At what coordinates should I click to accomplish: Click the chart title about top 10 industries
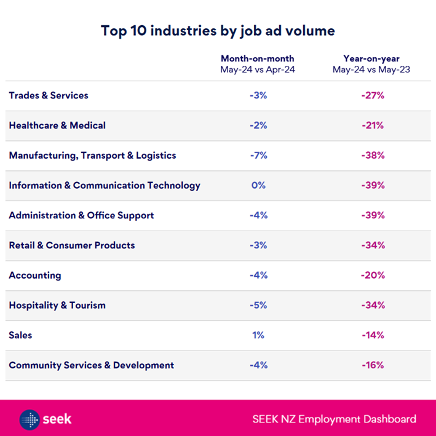click(x=218, y=30)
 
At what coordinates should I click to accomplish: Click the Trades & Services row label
click(x=49, y=95)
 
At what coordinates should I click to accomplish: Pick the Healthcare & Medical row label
click(x=57, y=125)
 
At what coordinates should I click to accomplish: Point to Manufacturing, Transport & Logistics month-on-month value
click(x=258, y=156)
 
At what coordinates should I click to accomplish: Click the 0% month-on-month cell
click(x=258, y=185)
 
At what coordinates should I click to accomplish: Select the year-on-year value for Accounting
click(x=373, y=275)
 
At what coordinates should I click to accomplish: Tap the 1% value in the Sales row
click(x=258, y=335)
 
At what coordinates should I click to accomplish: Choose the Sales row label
click(x=20, y=335)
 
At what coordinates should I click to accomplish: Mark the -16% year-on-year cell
click(x=373, y=365)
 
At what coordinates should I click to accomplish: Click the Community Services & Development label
click(x=91, y=365)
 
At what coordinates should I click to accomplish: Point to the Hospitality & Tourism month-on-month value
click(x=258, y=305)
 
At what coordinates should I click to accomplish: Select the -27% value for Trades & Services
click(x=373, y=95)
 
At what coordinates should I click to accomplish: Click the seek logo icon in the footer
click(x=30, y=419)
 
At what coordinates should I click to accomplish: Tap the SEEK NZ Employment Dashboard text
click(x=334, y=419)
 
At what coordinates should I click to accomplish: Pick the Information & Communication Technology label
click(x=105, y=185)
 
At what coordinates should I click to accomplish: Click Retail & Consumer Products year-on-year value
click(x=373, y=245)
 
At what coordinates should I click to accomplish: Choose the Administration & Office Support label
click(x=81, y=215)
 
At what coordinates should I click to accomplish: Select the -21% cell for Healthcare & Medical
click(x=373, y=125)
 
